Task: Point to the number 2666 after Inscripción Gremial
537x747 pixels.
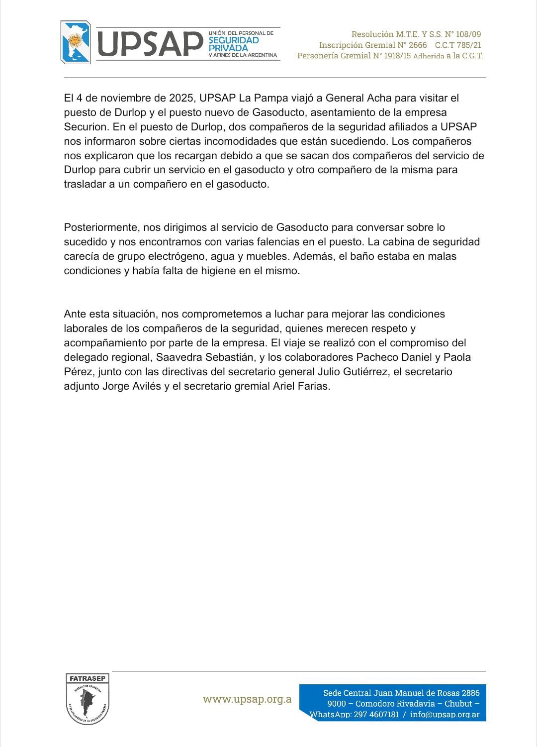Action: point(418,45)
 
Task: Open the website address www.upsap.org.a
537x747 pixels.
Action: point(247,699)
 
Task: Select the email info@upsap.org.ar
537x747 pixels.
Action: point(445,715)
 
